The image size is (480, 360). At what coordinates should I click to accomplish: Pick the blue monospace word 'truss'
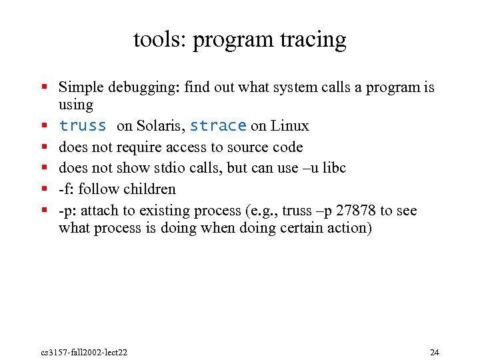click(x=83, y=126)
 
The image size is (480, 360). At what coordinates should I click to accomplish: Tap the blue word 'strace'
click(x=218, y=126)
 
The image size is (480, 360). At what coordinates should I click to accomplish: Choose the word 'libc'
click(x=333, y=168)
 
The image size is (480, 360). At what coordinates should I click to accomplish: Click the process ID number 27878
click(x=356, y=211)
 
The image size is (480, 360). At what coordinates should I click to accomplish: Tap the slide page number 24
click(x=435, y=352)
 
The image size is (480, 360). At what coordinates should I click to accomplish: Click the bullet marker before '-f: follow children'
click(x=43, y=189)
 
